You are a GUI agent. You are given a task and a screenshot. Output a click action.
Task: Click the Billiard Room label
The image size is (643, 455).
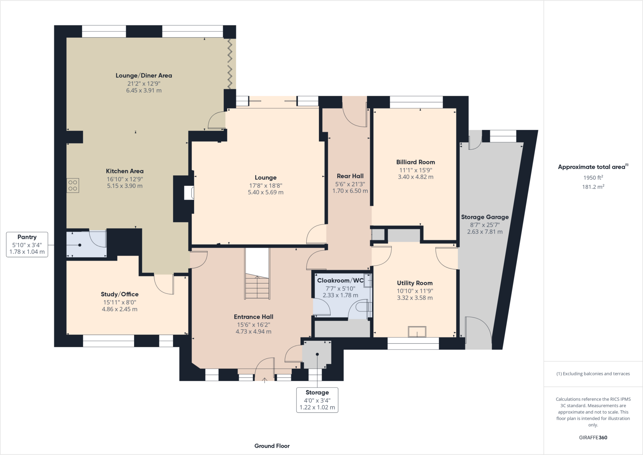[415, 162]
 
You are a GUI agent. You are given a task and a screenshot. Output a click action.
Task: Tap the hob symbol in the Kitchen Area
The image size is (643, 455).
[73, 186]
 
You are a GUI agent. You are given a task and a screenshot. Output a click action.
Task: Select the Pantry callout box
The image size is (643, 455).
[27, 244]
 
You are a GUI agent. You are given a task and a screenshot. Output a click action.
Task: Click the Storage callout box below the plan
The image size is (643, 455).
[317, 400]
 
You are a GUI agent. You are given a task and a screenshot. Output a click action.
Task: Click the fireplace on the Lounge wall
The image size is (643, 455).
[189, 192]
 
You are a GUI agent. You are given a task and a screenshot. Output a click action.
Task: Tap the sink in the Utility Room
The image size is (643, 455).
[417, 332]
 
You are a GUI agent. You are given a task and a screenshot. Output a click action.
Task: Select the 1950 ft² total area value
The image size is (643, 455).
[593, 177]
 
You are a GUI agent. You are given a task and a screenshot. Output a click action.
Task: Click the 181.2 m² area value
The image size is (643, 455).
[593, 187]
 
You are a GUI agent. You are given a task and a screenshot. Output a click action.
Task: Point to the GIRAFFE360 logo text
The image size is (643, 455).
[593, 437]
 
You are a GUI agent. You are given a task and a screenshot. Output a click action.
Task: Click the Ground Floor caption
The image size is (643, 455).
[272, 446]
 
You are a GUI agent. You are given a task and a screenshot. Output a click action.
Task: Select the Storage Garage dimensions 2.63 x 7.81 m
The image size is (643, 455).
[485, 232]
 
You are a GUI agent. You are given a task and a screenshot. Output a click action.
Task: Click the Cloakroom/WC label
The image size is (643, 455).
[340, 280]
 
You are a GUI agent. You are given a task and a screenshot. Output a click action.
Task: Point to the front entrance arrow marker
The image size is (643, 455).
[265, 380]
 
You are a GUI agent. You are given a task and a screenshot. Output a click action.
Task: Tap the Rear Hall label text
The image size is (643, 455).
[350, 176]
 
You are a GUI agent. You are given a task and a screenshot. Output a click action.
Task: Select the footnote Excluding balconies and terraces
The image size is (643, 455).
[593, 374]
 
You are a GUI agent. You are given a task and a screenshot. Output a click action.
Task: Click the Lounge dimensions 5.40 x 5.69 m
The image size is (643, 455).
[266, 192]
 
